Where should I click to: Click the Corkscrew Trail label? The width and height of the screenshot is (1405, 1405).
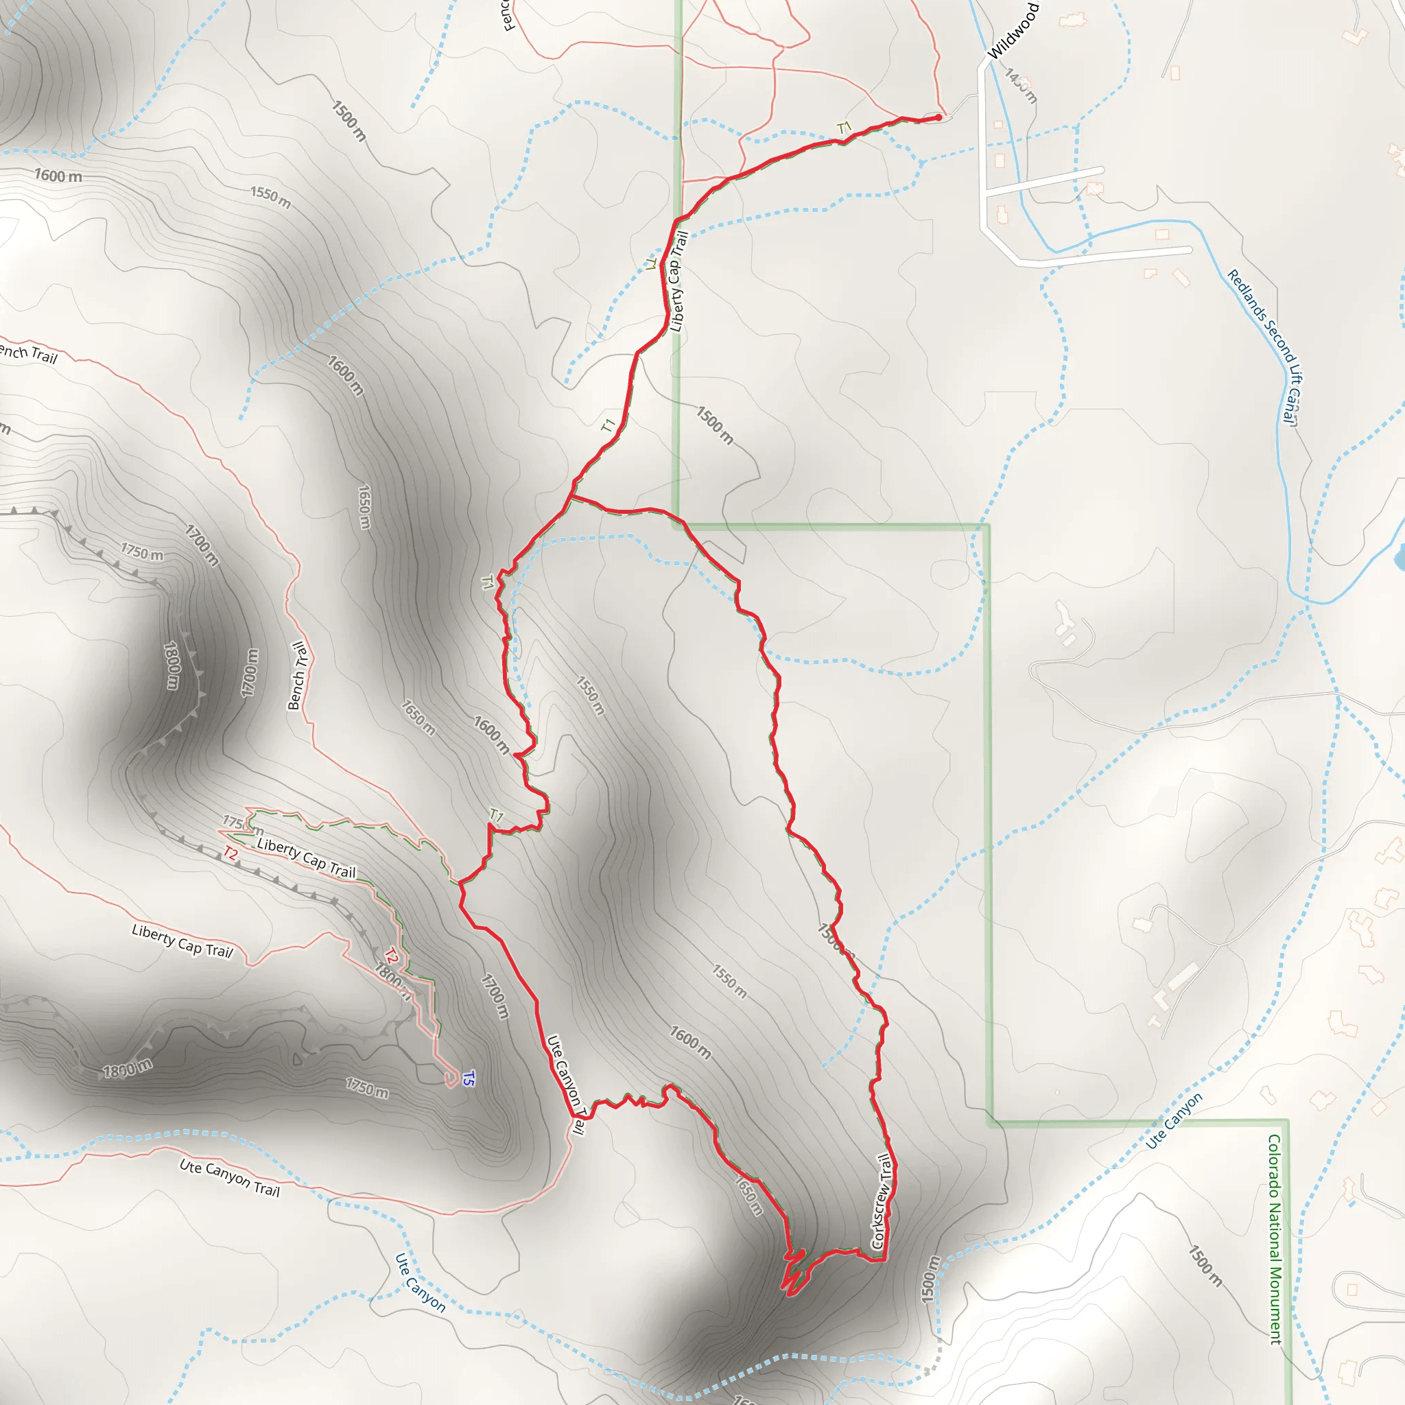882,1201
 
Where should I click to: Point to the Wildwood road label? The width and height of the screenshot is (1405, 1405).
1013,32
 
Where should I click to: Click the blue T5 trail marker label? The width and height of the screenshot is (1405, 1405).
469,1078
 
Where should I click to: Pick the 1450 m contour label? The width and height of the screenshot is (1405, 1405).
1020,85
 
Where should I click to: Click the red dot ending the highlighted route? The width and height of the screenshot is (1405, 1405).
938,117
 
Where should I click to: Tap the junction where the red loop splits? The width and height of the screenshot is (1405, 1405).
571,497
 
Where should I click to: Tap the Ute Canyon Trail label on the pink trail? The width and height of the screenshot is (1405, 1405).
230,1177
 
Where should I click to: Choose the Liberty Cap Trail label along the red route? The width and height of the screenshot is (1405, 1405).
678,281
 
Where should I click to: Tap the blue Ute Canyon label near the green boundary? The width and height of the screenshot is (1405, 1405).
1174,1120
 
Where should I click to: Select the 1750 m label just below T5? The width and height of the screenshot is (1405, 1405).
366,1088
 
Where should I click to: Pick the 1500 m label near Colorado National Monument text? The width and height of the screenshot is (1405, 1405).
1205,1265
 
